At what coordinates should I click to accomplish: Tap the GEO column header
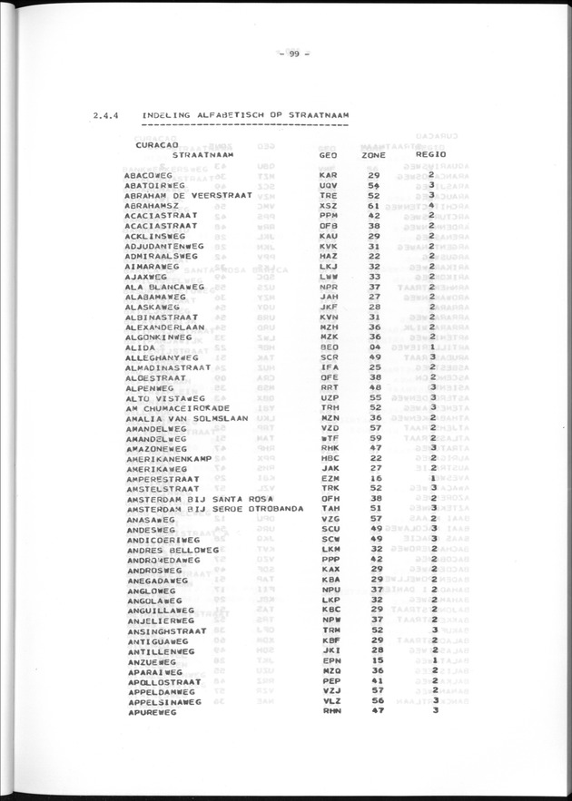point(329,155)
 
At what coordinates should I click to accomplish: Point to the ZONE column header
point(374,155)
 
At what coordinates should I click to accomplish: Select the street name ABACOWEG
point(151,174)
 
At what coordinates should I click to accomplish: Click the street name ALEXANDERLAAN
point(166,326)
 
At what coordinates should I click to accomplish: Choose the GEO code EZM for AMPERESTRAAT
point(329,477)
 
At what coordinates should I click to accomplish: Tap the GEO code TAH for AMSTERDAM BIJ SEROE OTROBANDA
point(329,509)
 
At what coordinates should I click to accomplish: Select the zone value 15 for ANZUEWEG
point(373,660)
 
